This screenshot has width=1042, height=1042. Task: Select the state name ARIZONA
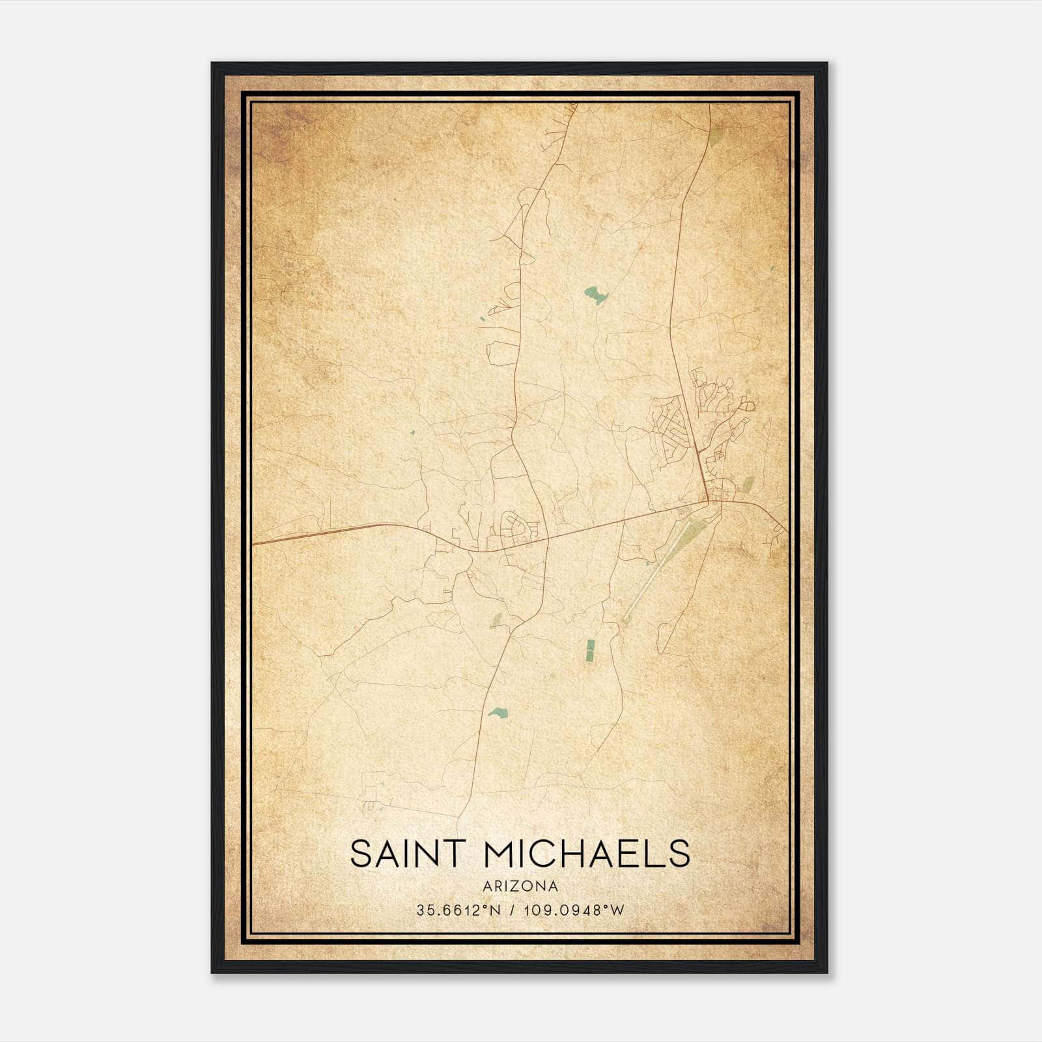pyautogui.click(x=520, y=886)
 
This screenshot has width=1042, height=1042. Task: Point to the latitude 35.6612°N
pyautogui.click(x=458, y=910)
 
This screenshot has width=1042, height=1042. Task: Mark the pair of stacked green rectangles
pyautogui.click(x=591, y=647)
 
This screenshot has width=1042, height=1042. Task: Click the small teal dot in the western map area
pyautogui.click(x=412, y=432)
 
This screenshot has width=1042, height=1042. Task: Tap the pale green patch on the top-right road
pyautogui.click(x=716, y=137)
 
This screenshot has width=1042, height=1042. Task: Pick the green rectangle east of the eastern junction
pyautogui.click(x=748, y=484)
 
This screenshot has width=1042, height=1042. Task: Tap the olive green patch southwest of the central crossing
pyautogui.click(x=497, y=620)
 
